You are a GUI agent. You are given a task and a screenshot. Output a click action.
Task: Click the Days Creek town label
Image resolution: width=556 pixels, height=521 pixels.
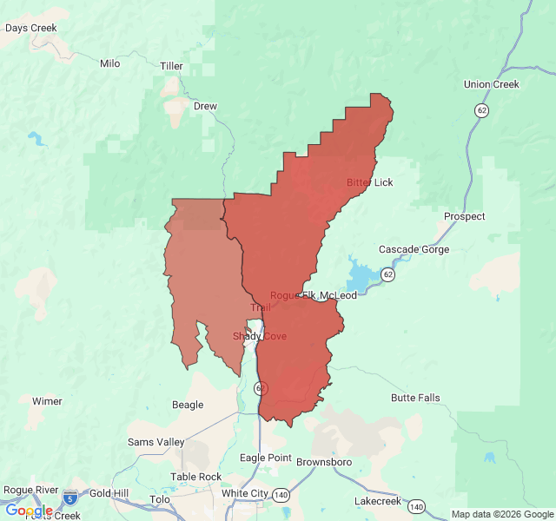click(30, 28)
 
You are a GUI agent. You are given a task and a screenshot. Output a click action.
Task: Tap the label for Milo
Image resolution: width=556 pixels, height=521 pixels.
click(109, 63)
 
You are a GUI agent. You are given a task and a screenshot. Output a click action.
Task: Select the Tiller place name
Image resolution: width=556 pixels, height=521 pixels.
click(172, 66)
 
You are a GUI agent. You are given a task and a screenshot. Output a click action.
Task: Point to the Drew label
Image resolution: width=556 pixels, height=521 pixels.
click(205, 106)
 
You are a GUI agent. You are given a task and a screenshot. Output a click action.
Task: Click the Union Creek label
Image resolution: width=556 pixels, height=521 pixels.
click(491, 84)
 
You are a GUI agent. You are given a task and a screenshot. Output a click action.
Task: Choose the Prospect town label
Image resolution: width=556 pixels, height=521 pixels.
click(464, 216)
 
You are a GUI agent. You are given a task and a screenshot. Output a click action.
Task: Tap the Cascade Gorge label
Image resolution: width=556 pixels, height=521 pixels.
click(414, 249)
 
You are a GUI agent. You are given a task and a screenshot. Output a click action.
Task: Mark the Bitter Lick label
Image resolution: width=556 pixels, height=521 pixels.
click(370, 182)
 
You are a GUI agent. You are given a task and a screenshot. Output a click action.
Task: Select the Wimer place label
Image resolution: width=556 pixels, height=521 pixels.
click(47, 401)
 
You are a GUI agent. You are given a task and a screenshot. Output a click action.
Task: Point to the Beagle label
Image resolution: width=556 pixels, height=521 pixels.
click(188, 405)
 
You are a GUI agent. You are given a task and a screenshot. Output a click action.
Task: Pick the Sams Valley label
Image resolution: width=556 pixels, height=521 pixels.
click(156, 442)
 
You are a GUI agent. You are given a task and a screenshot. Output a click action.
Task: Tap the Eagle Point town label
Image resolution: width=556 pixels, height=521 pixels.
click(266, 458)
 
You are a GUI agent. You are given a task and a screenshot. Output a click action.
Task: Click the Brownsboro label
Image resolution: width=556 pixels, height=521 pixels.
click(324, 462)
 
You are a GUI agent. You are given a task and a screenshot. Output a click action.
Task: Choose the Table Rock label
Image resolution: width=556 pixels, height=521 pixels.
click(195, 477)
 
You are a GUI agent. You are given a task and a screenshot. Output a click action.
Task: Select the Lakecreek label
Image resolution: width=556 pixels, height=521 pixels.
click(378, 501)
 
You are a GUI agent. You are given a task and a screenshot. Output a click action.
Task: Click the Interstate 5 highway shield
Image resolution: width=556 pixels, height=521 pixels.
click(70, 498)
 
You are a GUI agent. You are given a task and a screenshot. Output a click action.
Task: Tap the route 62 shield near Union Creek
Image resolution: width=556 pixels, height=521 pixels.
click(480, 110)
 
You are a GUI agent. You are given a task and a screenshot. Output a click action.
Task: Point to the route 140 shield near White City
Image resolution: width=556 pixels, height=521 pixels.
click(281, 494)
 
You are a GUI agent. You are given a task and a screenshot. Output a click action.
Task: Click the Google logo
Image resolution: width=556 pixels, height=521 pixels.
click(29, 511)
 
